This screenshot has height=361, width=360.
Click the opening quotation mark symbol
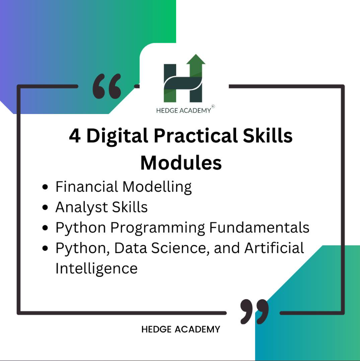(107, 86)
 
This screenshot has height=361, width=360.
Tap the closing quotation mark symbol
(254, 312)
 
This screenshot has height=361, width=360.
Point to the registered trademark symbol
(213, 106)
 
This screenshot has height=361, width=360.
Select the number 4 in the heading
(75, 136)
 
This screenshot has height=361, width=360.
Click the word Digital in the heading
(117, 136)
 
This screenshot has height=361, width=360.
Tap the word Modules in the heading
(181, 163)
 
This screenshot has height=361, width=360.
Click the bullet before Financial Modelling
(45, 187)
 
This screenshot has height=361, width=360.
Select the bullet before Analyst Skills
(45, 207)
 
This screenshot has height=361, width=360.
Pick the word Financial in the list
(87, 186)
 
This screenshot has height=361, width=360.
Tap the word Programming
(158, 228)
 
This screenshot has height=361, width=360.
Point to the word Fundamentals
(260, 228)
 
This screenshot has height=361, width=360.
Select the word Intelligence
(96, 269)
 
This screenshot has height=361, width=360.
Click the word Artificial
(274, 248)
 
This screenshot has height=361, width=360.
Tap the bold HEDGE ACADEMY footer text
(181, 329)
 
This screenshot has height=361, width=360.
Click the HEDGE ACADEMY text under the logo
(183, 111)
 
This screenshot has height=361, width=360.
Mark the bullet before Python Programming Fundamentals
(45, 228)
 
